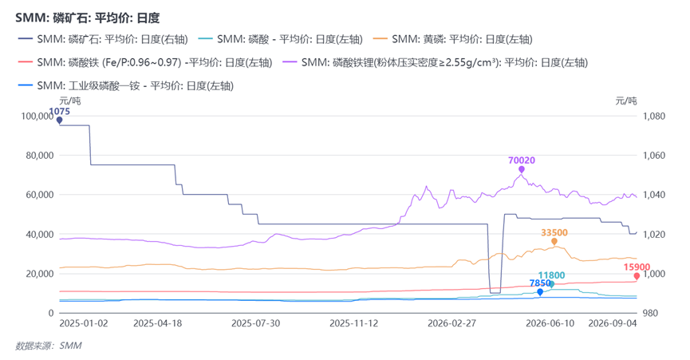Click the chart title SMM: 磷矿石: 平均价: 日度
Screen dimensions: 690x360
[87, 18]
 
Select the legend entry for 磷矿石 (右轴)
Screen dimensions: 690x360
[103, 39]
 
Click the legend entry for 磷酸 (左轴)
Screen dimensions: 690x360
[280, 39]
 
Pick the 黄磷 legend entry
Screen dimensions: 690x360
[453, 39]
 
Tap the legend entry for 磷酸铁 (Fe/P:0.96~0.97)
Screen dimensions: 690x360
[145, 62]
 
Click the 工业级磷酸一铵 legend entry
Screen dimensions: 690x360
[126, 86]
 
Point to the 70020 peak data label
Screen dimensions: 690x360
[522, 160]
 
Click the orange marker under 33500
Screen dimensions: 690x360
[554, 242]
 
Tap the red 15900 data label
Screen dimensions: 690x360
[637, 267]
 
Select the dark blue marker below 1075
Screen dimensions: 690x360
[59, 121]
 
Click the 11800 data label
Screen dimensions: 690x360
[551, 275]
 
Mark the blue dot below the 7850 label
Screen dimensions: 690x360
[540, 292]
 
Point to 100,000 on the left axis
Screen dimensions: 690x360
[37, 117]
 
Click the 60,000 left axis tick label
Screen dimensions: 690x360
[40, 195]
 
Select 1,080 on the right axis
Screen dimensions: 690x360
[654, 117]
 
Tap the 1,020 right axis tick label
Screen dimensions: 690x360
[654, 234]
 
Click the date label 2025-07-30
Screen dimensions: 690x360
[256, 323]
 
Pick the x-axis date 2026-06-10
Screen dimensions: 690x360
[550, 323]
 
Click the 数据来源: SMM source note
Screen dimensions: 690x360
[49, 346]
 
